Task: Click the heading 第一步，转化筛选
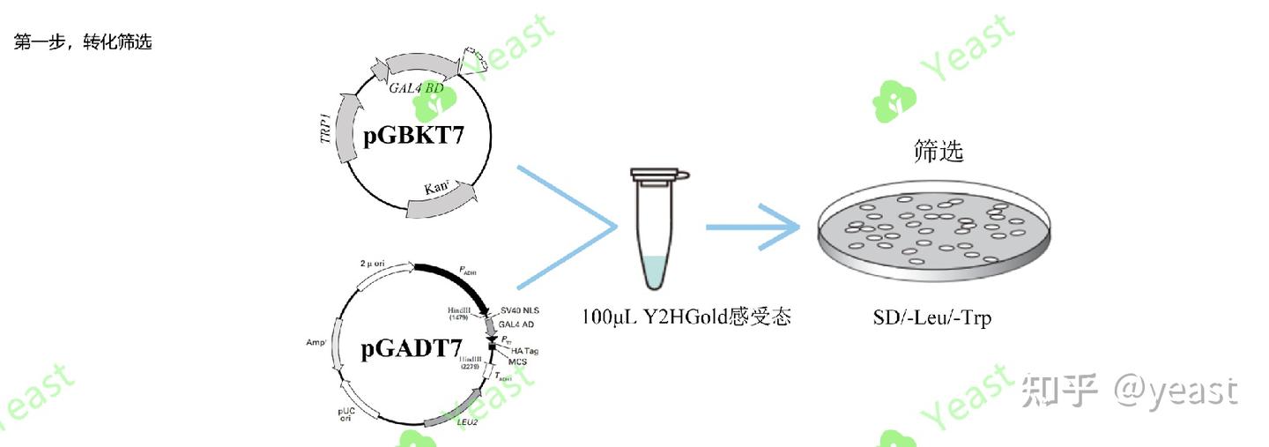(x=84, y=42)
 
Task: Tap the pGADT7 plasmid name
(x=411, y=350)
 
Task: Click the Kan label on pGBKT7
(x=438, y=189)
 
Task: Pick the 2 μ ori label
(x=376, y=264)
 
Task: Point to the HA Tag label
(x=524, y=351)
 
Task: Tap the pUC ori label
(x=346, y=413)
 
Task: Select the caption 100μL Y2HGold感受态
(x=686, y=316)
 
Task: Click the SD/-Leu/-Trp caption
(x=926, y=317)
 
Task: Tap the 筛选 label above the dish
(x=938, y=151)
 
